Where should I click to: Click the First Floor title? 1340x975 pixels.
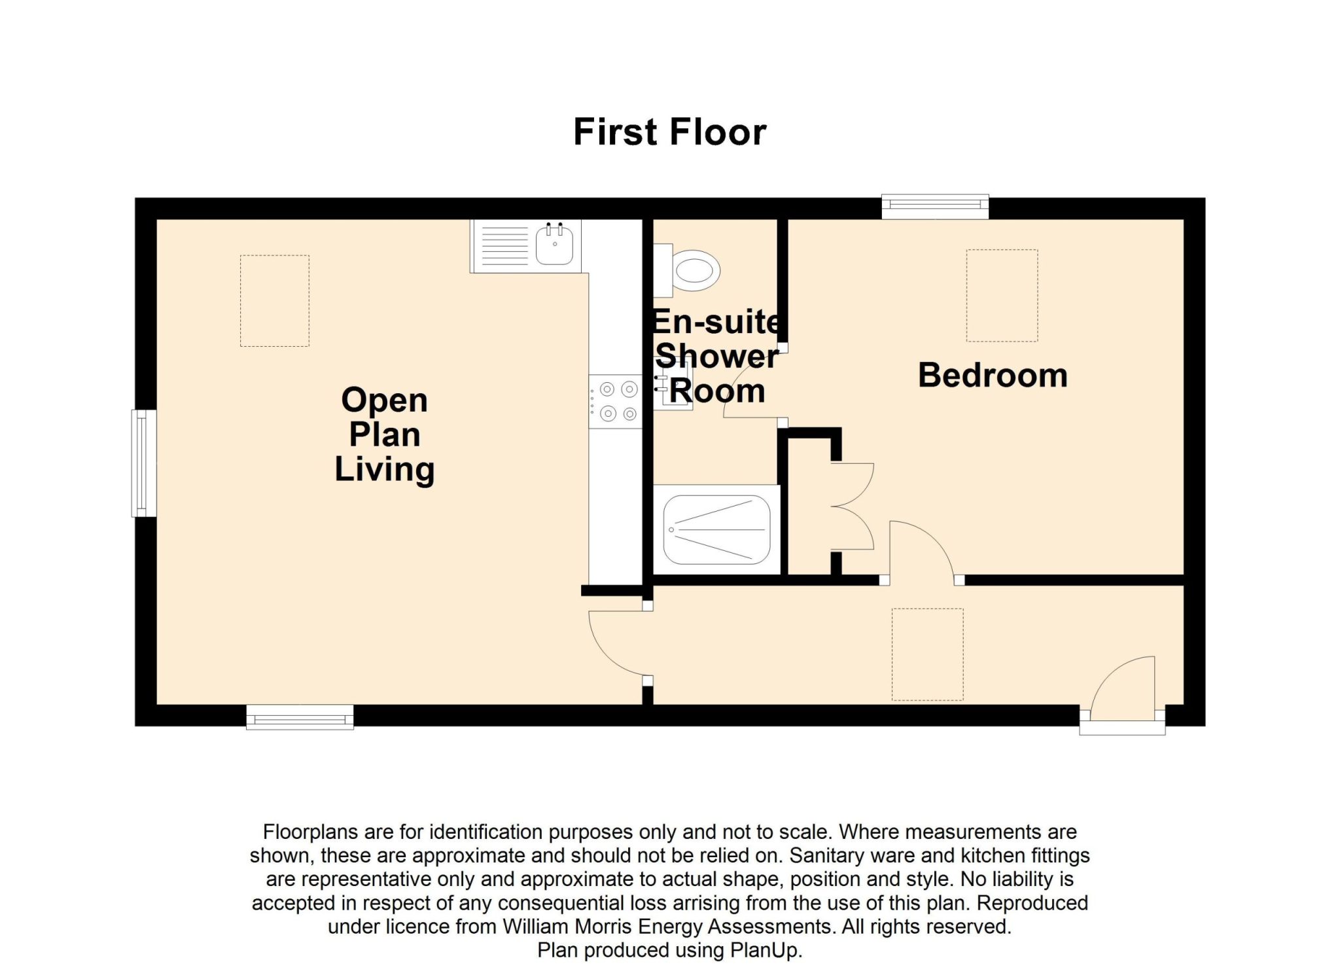coord(669,132)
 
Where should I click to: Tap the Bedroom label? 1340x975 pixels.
coord(993,376)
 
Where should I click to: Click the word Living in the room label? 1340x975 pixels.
coord(385,470)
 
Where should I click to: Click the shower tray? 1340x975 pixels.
coord(716,530)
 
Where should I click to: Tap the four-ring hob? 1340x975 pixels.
coord(615,402)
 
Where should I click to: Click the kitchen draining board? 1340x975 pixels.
coord(504,245)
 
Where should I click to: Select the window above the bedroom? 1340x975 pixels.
coord(935,207)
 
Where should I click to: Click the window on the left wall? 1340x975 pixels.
coord(144,463)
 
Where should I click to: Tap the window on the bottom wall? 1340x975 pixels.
coord(300,717)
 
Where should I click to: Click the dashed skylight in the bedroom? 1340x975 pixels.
coord(1002,296)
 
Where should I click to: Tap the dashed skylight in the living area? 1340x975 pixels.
coord(275,301)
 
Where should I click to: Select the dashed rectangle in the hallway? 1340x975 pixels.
coord(927,654)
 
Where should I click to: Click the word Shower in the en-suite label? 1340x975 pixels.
coord(716,357)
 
